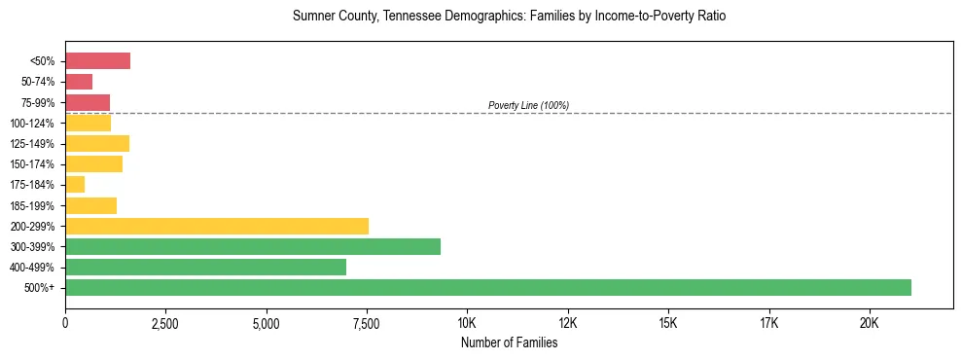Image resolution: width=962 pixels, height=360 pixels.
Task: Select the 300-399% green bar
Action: [253, 246]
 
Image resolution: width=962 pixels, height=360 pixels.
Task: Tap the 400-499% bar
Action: [205, 267]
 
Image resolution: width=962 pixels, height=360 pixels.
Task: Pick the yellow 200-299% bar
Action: [217, 226]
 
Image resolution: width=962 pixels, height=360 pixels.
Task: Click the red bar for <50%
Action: [97, 61]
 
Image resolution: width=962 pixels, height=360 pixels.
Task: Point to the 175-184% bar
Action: [75, 184]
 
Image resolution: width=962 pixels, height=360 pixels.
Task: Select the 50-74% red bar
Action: [79, 82]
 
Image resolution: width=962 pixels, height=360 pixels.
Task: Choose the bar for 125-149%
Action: [97, 143]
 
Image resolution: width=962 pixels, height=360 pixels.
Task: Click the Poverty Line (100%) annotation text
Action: [528, 105]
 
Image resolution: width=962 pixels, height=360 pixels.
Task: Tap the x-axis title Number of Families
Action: [509, 342]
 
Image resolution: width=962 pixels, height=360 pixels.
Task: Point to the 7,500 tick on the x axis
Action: [367, 323]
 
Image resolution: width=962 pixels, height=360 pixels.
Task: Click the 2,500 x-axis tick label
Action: [165, 323]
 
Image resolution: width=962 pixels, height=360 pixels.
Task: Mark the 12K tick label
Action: [568, 323]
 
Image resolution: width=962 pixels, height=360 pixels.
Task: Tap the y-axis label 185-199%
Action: [38, 205]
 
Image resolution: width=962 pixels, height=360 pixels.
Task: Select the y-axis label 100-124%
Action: [38, 123]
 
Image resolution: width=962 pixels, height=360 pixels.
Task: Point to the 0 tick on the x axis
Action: [65, 323]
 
